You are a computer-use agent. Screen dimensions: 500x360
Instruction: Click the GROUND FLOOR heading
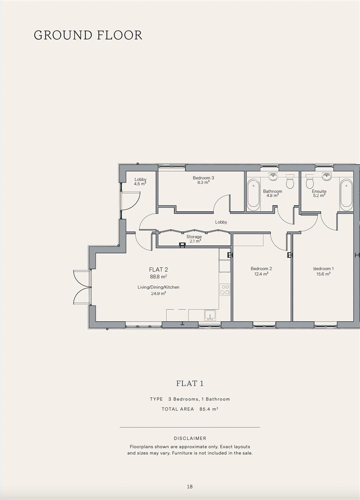(x=88, y=35)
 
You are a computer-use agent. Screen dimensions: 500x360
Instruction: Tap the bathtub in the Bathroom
(x=253, y=194)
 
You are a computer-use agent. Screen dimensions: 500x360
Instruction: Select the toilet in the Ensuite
(x=309, y=183)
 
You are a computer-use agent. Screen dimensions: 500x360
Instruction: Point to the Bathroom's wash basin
(x=273, y=176)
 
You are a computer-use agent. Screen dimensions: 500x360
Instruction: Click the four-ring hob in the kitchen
(x=225, y=290)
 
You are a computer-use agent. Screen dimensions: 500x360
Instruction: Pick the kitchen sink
(x=210, y=315)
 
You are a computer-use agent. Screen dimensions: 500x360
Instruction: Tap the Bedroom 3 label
(x=203, y=178)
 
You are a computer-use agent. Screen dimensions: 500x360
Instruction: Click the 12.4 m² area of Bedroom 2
(x=261, y=274)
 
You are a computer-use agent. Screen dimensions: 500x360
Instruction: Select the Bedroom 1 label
(x=323, y=269)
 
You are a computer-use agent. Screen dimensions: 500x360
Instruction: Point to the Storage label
(x=194, y=237)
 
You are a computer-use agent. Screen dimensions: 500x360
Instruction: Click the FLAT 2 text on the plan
(x=158, y=269)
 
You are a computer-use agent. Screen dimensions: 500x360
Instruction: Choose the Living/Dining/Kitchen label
(x=158, y=287)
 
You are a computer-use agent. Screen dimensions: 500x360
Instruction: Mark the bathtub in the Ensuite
(x=347, y=194)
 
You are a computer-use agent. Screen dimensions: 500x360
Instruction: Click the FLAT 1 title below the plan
(x=190, y=383)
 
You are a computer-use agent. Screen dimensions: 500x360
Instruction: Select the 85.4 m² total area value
(x=209, y=409)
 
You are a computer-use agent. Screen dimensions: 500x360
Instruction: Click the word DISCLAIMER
(x=190, y=438)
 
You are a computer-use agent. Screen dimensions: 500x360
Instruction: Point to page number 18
(x=190, y=487)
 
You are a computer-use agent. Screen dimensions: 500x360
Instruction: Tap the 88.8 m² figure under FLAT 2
(x=158, y=277)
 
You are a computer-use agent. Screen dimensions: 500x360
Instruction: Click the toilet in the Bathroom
(x=290, y=183)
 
